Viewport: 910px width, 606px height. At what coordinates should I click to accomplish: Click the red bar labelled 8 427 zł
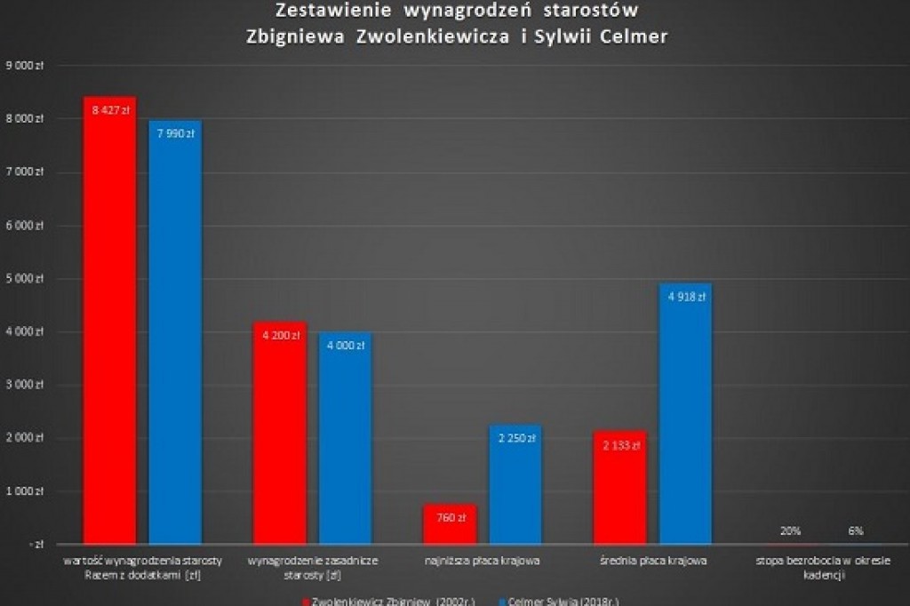tap(109, 320)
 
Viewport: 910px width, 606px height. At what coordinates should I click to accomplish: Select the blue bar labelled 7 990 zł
tap(175, 332)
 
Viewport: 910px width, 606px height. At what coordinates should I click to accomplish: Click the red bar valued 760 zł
tap(451, 524)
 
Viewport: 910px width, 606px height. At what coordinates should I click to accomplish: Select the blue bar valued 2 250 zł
tap(515, 484)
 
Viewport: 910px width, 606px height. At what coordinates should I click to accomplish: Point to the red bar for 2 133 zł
tap(620, 488)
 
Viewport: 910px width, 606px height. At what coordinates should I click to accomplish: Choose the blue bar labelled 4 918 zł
tap(685, 414)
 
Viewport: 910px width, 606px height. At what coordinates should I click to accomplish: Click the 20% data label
tap(789, 531)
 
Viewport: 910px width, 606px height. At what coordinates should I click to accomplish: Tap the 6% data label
tap(856, 531)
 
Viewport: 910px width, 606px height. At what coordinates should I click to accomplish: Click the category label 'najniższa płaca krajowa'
tap(483, 561)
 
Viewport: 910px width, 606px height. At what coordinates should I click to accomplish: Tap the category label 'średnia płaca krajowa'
tap(652, 561)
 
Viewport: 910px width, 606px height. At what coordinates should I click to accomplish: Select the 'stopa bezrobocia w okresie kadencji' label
tap(822, 568)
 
